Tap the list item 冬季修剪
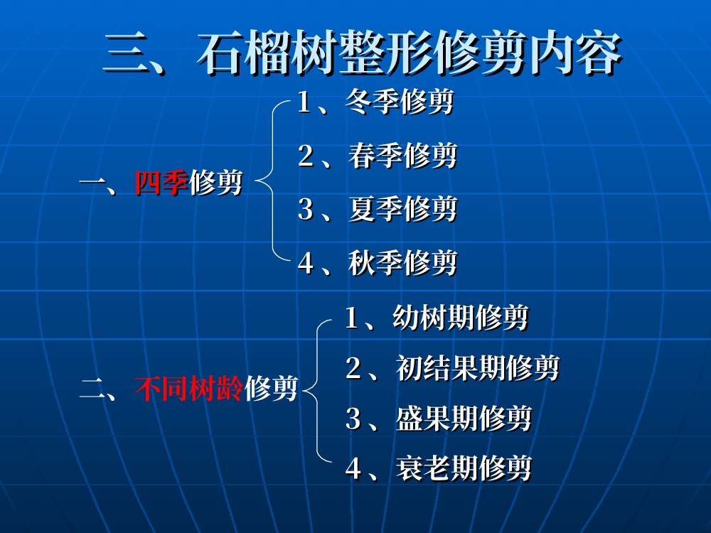[x=400, y=102]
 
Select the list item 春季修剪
[x=402, y=156]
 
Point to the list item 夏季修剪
[x=402, y=209]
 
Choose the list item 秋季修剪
[x=402, y=262]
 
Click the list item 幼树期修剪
[x=460, y=317]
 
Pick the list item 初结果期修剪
[x=478, y=367]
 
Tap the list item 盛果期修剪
[x=464, y=418]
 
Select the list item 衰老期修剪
[x=464, y=468]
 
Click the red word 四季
[x=161, y=183]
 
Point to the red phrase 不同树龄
[x=188, y=389]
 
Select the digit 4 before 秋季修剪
[x=306, y=263]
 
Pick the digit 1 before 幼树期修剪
[x=353, y=318]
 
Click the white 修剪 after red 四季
[x=216, y=183]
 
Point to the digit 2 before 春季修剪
[x=306, y=156]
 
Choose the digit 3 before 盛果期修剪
[x=353, y=419]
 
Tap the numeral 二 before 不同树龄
[x=93, y=389]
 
